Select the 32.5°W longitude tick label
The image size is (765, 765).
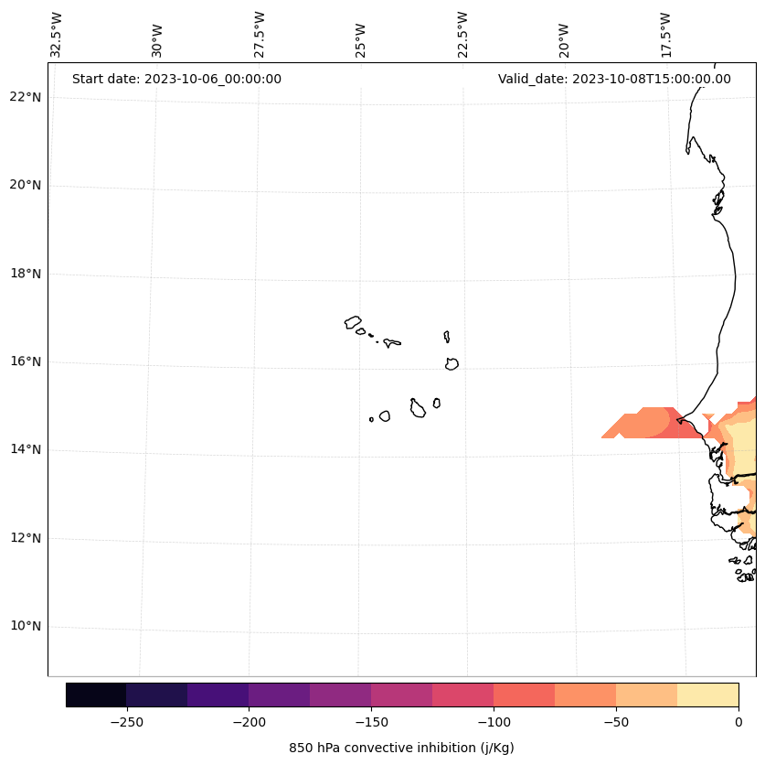point(57,34)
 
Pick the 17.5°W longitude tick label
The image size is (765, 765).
point(665,34)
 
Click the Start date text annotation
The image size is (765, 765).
point(176,79)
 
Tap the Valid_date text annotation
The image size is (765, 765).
point(614,79)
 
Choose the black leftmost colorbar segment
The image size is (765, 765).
point(96,695)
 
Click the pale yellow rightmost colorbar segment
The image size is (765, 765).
point(707,695)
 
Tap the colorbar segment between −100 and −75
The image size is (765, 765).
point(524,695)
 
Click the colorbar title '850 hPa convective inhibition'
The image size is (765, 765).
point(401,748)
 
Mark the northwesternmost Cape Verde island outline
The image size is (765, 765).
point(353,322)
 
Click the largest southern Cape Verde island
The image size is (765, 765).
point(418,408)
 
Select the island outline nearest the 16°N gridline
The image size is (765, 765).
point(452,363)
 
